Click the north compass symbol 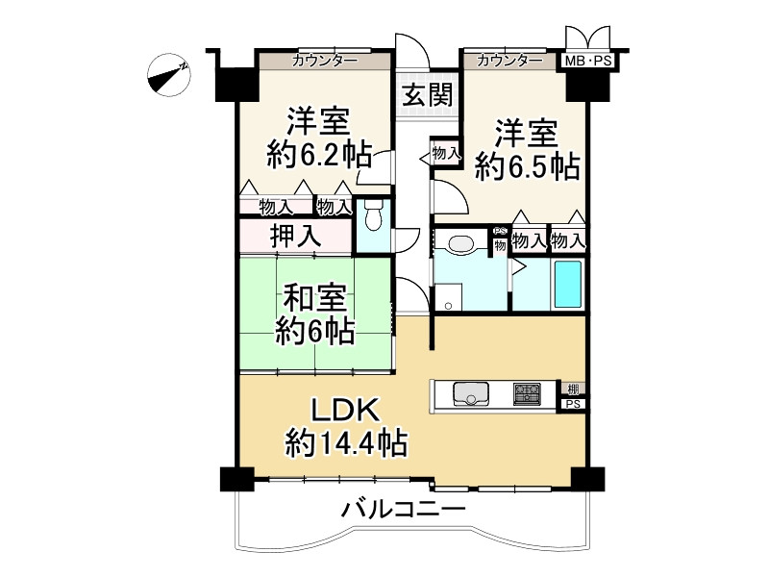[x=169, y=75]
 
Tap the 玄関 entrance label [x=428, y=94]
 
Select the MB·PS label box [x=588, y=61]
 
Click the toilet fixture [x=373, y=215]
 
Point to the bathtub [x=568, y=284]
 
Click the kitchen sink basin [x=471, y=393]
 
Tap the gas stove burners [x=527, y=393]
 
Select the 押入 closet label [x=296, y=236]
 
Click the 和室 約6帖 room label [x=315, y=314]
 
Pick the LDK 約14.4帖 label [x=346, y=427]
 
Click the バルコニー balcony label [x=403, y=509]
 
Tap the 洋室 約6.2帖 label [x=319, y=138]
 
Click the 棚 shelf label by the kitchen [x=573, y=389]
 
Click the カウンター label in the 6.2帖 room [x=325, y=61]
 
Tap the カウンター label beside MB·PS [x=509, y=61]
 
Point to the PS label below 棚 [x=573, y=404]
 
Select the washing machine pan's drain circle [x=448, y=306]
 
